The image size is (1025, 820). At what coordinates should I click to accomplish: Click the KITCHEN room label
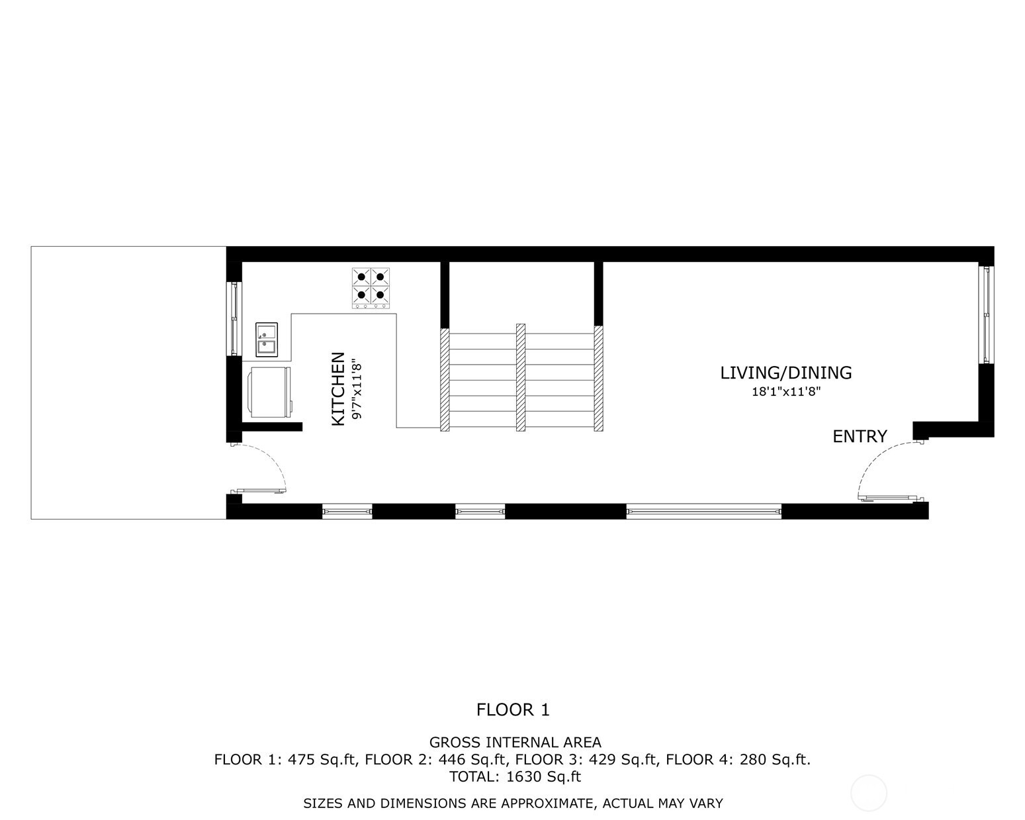[x=337, y=388]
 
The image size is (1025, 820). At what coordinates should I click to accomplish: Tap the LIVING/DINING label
[x=786, y=373]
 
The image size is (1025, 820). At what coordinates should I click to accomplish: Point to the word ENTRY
[x=860, y=436]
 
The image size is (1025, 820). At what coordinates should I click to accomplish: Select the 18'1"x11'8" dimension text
[x=786, y=392]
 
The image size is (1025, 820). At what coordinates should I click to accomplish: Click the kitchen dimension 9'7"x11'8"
[x=357, y=388]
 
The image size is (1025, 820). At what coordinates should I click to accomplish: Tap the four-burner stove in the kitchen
[x=371, y=288]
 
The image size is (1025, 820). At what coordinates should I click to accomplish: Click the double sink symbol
[x=267, y=340]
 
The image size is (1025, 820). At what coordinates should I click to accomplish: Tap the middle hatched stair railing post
[x=521, y=377]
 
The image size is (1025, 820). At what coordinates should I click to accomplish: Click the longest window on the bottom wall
[x=703, y=511]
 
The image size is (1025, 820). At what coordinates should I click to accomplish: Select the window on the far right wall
[x=986, y=314]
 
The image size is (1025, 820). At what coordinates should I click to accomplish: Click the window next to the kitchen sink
[x=234, y=318]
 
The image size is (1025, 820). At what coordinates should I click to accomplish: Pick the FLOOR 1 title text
[x=513, y=710]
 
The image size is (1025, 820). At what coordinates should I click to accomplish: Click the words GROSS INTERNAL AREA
[x=515, y=743]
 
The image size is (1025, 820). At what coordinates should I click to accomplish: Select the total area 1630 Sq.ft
[x=543, y=776]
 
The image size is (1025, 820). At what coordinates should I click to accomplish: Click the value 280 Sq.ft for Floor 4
[x=774, y=760]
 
